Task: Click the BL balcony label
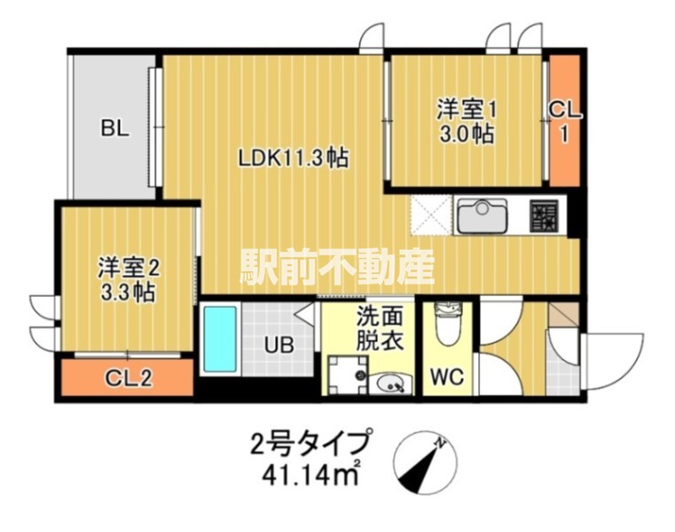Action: pyautogui.click(x=114, y=129)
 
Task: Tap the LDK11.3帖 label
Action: pyautogui.click(x=292, y=159)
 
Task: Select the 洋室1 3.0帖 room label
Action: pyautogui.click(x=465, y=122)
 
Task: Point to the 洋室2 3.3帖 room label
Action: pyautogui.click(x=127, y=279)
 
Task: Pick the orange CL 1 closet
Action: pyautogui.click(x=562, y=121)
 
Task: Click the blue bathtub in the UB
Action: pyautogui.click(x=218, y=338)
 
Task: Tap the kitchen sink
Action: pyautogui.click(x=482, y=215)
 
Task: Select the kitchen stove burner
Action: pyautogui.click(x=543, y=215)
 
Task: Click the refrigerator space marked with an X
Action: pyautogui.click(x=431, y=215)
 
